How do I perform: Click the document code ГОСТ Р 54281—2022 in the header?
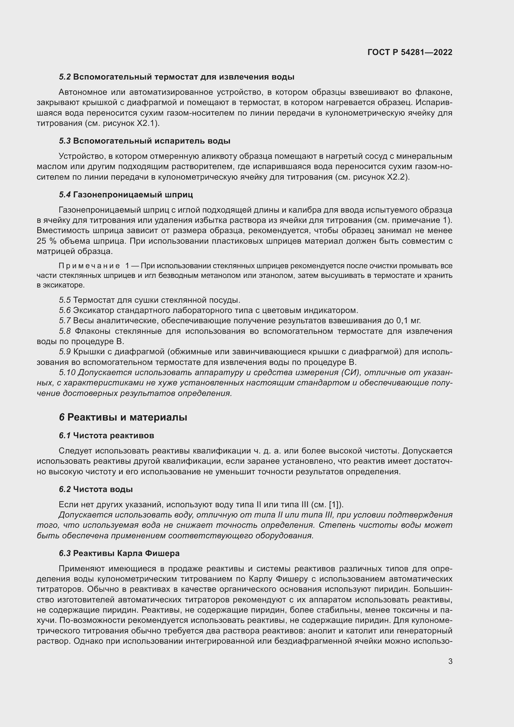tap(410, 52)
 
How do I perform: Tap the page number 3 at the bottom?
tap(450, 661)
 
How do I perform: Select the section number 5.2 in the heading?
tap(65, 77)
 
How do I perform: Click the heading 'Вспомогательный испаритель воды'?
tap(152, 141)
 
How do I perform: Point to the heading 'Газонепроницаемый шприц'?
tap(133, 194)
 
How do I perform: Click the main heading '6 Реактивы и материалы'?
tap(123, 417)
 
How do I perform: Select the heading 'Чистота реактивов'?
tap(113, 435)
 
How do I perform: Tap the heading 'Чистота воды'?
tap(103, 489)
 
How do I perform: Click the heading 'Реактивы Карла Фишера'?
tap(126, 553)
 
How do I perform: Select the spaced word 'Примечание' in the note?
tap(89, 266)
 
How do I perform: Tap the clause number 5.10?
tap(67, 373)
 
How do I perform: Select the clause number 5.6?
tap(65, 310)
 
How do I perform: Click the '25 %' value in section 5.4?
tap(46, 241)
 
